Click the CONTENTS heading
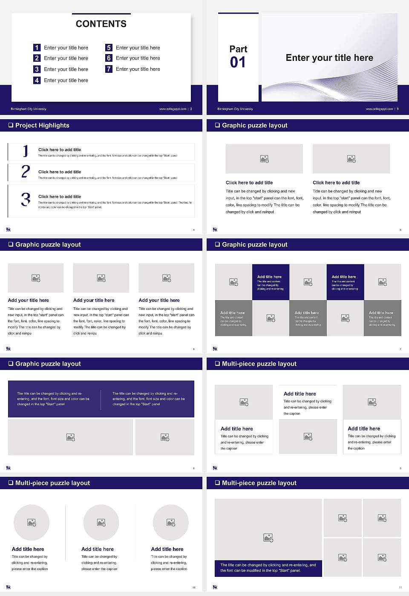(101, 24)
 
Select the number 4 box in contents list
(37, 80)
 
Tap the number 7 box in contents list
(109, 69)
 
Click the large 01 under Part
(238, 63)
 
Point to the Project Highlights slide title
(42, 125)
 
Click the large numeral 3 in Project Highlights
(26, 199)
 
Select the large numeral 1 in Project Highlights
(26, 151)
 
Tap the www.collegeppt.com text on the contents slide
(173, 109)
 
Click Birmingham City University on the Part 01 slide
(235, 109)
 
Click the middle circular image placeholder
(101, 522)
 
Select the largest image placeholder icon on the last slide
(268, 538)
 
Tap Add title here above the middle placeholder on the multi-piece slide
(300, 394)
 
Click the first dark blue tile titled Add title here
(270, 282)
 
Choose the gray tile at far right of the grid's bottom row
(382, 318)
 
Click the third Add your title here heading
(159, 300)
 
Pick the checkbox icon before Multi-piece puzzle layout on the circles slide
(11, 483)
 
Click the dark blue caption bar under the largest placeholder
(268, 568)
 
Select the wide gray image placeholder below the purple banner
(71, 437)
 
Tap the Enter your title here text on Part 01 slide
(329, 58)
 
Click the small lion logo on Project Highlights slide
(8, 229)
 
